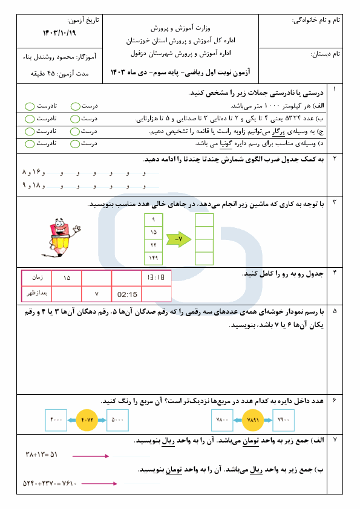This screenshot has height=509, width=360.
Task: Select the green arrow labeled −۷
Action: pyautogui.click(x=177, y=239)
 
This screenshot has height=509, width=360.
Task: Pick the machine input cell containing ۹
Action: pyautogui.click(x=153, y=219)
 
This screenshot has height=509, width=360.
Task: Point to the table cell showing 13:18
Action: pyautogui.click(x=157, y=279)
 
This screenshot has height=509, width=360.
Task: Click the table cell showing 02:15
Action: pyautogui.click(x=127, y=294)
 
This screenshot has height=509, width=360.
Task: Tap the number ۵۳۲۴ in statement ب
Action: pyautogui.click(x=293, y=118)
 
